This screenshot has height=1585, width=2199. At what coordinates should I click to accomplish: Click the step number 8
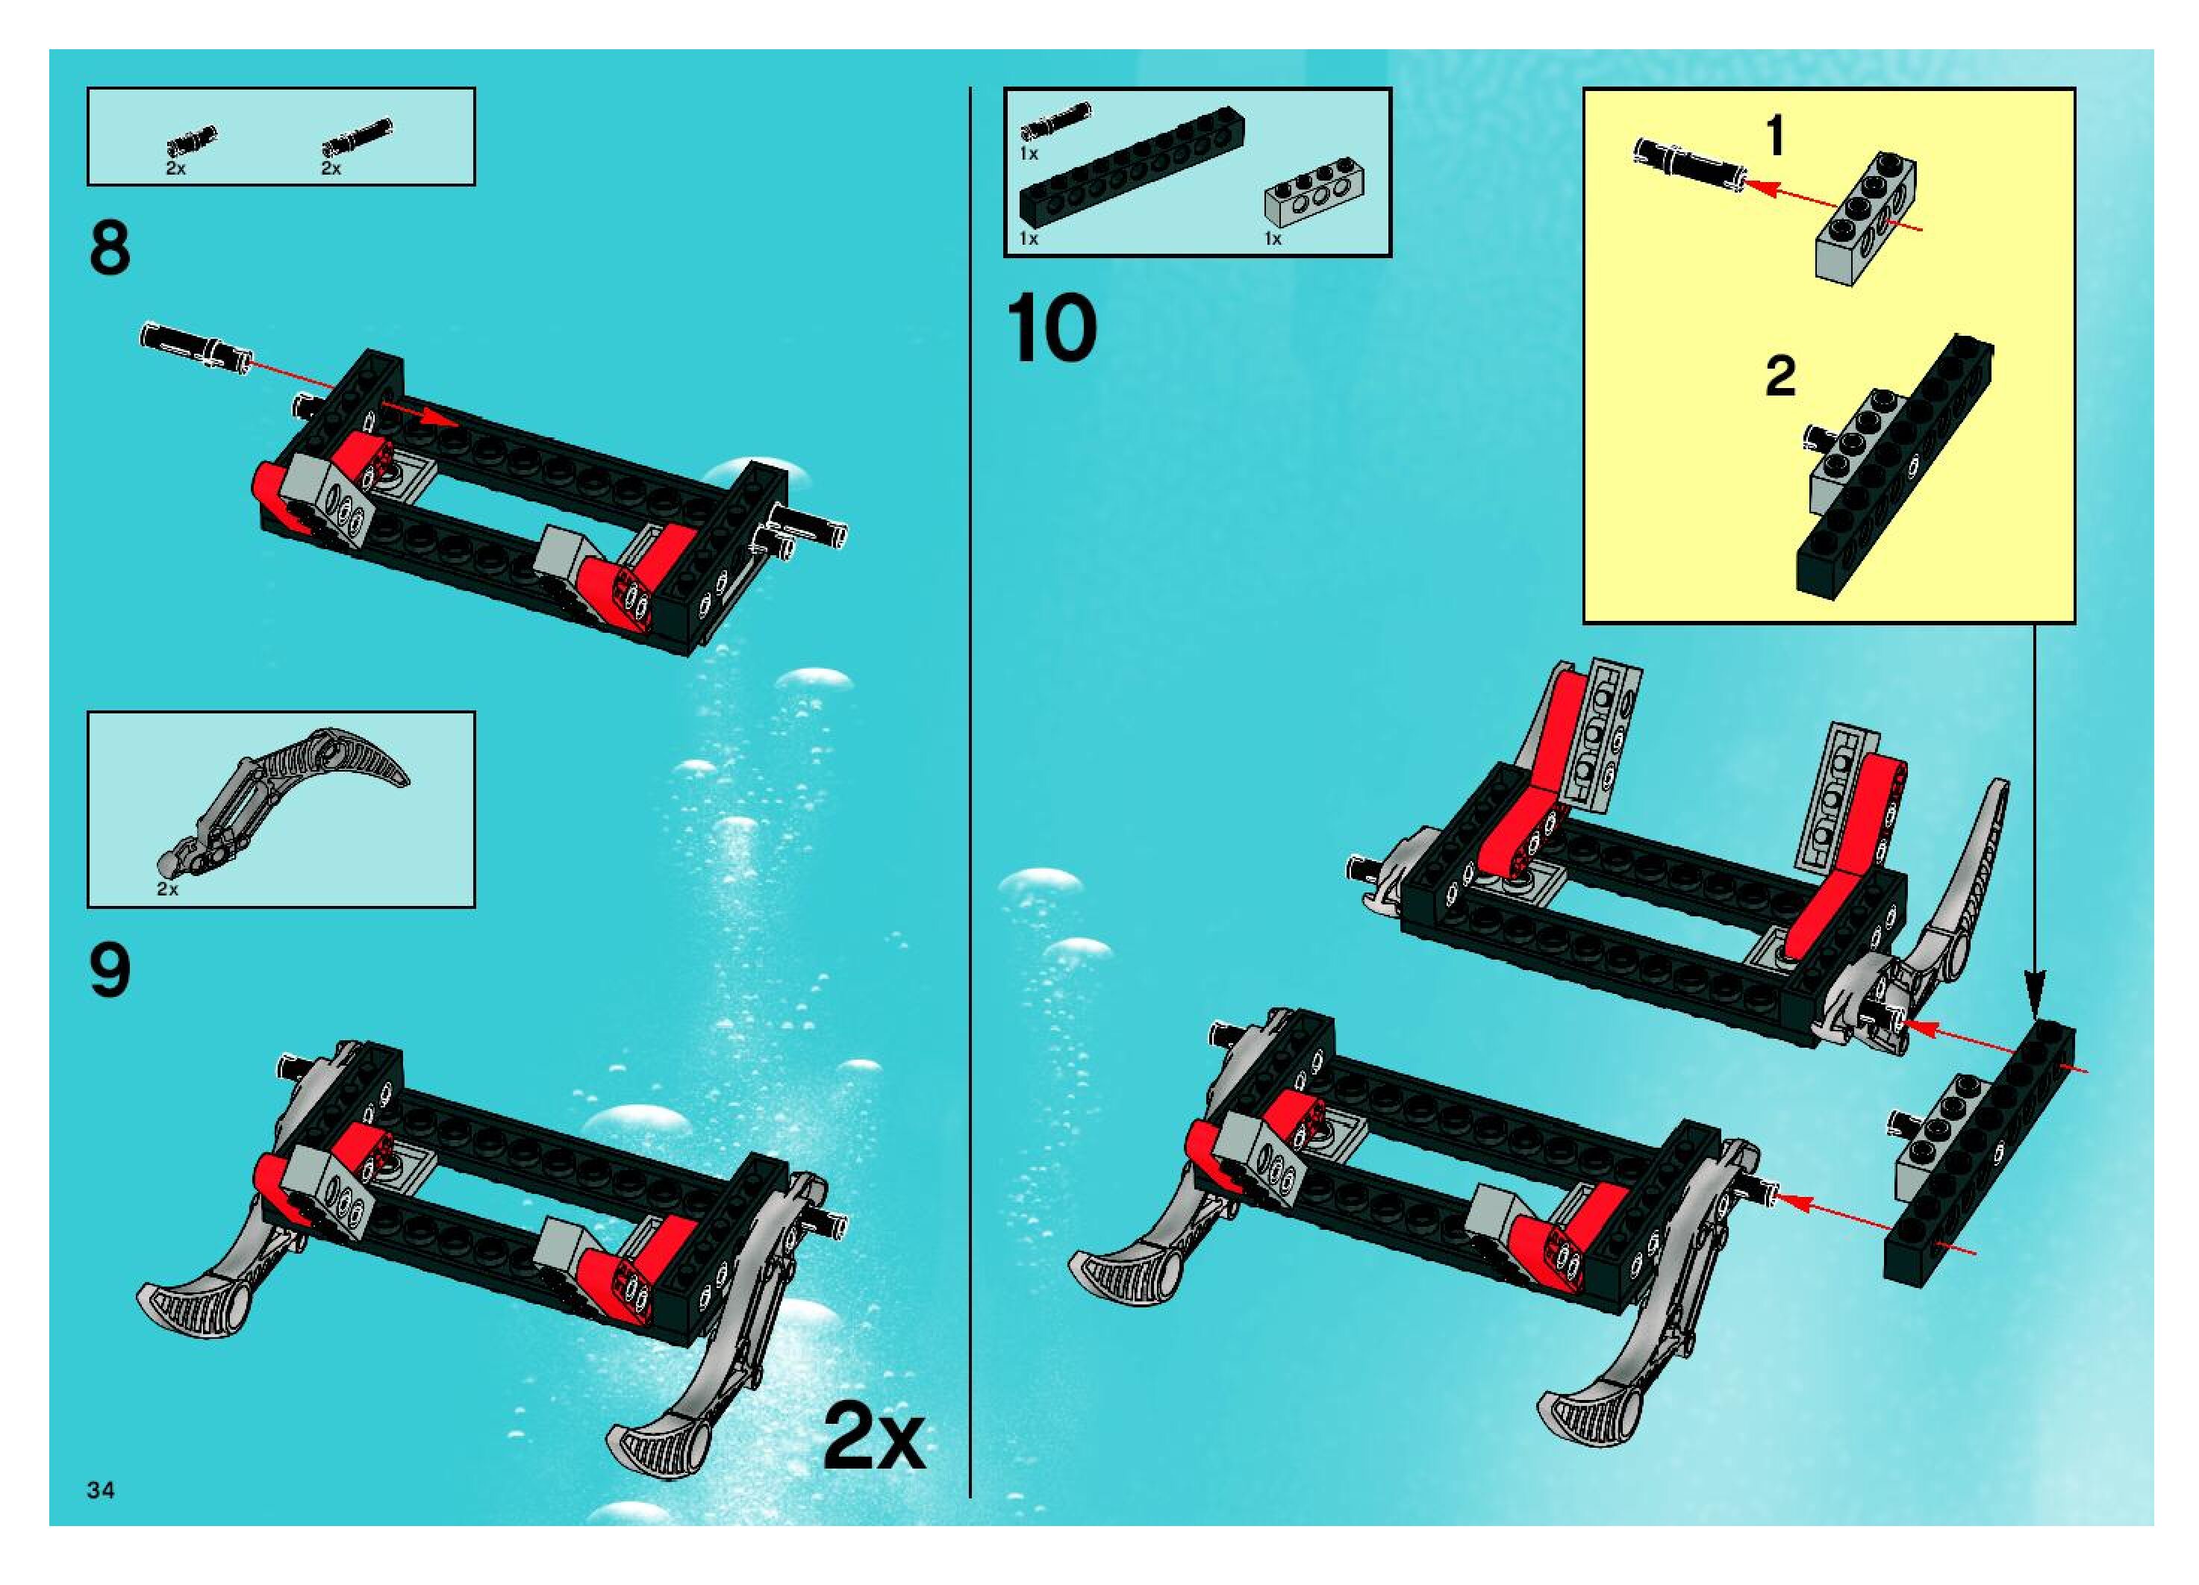coord(110,248)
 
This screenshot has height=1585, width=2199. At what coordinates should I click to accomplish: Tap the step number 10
coord(1051,330)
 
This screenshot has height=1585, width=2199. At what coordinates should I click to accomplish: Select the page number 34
coord(101,1490)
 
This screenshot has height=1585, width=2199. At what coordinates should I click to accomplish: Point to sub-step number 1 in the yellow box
coord(1777,137)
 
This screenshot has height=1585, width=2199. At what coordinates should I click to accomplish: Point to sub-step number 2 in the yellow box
coord(1780,376)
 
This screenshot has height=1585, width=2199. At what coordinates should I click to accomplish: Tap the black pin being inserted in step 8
coord(197,347)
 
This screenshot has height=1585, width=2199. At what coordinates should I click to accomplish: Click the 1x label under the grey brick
coord(1273,239)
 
